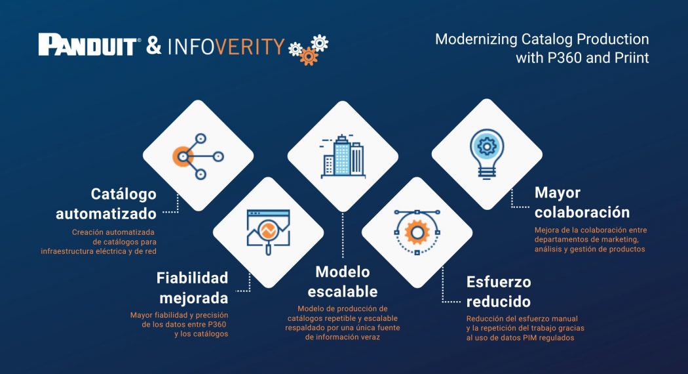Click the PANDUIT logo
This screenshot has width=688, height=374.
(88, 45)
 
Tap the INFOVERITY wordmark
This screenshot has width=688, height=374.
(226, 47)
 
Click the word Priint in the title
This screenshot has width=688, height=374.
(632, 58)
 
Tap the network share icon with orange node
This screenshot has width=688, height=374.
(197, 156)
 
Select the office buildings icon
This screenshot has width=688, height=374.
(342, 156)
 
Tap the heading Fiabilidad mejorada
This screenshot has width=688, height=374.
(192, 287)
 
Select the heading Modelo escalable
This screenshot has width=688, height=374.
(342, 281)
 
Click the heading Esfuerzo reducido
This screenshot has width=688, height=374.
(499, 292)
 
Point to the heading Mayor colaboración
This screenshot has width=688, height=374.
(582, 202)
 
